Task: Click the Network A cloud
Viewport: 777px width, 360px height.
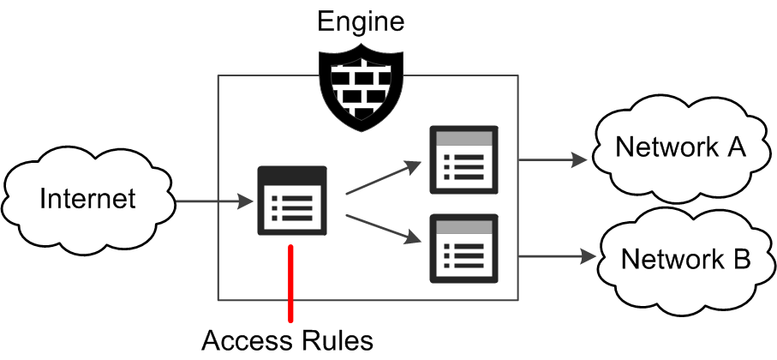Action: pos(680,147)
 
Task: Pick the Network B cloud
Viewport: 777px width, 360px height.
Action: pos(685,258)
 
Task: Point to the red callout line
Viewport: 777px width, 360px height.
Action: pos(291,283)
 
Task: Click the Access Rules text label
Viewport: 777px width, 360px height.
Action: pos(288,340)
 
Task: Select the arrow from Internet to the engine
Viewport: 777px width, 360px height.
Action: pos(215,203)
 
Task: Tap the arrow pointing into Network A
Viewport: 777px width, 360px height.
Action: pos(552,159)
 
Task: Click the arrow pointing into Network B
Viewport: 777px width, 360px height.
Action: pos(556,255)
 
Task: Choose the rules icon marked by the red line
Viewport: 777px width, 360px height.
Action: pos(292,201)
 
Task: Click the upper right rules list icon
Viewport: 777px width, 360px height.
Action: pos(463,160)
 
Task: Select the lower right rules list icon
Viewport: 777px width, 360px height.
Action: pos(463,248)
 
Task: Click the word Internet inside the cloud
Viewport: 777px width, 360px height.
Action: pos(87,199)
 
